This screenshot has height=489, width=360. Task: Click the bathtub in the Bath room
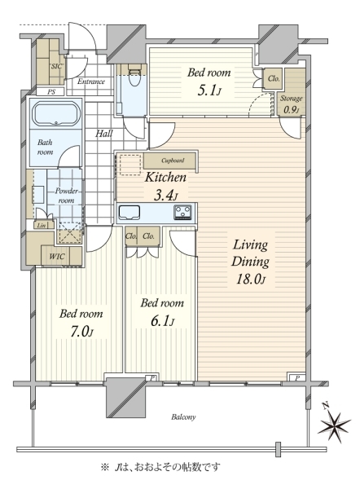56,113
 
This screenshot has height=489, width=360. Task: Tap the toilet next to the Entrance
134,76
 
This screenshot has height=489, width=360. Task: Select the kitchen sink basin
129,213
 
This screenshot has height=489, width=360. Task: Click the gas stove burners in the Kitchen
182,213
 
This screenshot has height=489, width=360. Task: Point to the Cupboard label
173,161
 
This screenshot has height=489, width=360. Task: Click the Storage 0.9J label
291,104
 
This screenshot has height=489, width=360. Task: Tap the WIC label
57,257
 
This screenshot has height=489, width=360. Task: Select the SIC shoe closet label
56,66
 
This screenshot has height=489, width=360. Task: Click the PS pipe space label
51,92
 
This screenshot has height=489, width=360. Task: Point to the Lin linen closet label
42,225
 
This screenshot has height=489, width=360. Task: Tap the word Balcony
183,417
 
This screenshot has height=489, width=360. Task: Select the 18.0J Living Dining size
251,279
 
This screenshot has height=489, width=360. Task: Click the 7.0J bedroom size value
81,332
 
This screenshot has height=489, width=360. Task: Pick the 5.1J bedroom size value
209,90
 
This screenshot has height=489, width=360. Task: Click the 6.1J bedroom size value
162,320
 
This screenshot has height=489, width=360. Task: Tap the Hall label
103,134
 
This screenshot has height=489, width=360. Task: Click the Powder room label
66,196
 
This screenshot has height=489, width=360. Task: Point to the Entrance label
91,81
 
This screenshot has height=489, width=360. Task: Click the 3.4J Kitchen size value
166,196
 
